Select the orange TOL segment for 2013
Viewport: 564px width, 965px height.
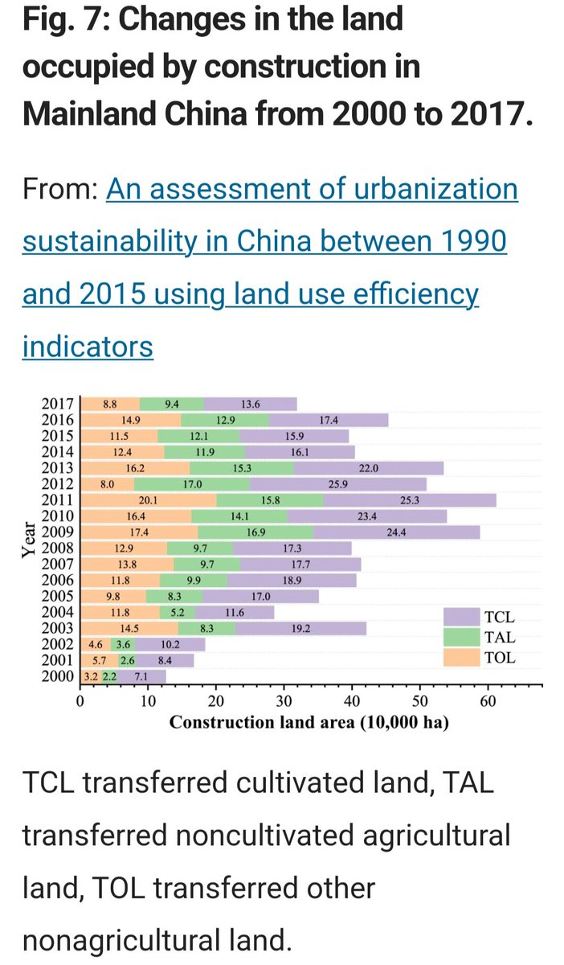pyautogui.click(x=135, y=468)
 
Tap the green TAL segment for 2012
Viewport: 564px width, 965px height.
pyautogui.click(x=191, y=484)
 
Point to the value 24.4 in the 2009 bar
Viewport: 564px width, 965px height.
pyautogui.click(x=396, y=532)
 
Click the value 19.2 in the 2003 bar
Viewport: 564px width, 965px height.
pyautogui.click(x=301, y=628)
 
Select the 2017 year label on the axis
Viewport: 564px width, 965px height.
pyautogui.click(x=58, y=404)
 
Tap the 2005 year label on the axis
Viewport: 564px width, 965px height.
pyautogui.click(x=58, y=596)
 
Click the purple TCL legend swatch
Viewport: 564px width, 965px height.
pyautogui.click(x=460, y=617)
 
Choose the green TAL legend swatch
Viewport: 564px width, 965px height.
pyautogui.click(x=460, y=637)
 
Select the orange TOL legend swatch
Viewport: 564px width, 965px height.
pyautogui.click(x=460, y=658)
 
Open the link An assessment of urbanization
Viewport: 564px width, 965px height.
pyautogui.click(x=312, y=190)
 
